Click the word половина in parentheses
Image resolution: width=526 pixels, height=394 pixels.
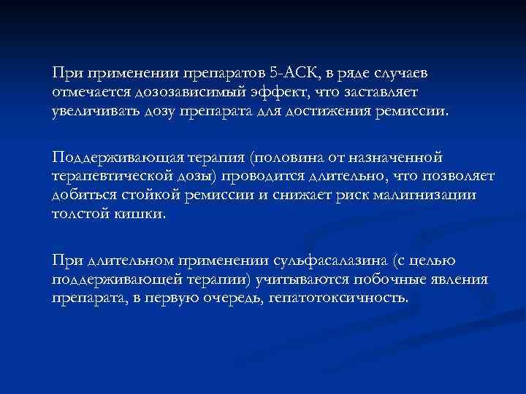pyautogui.click(x=287, y=158)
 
